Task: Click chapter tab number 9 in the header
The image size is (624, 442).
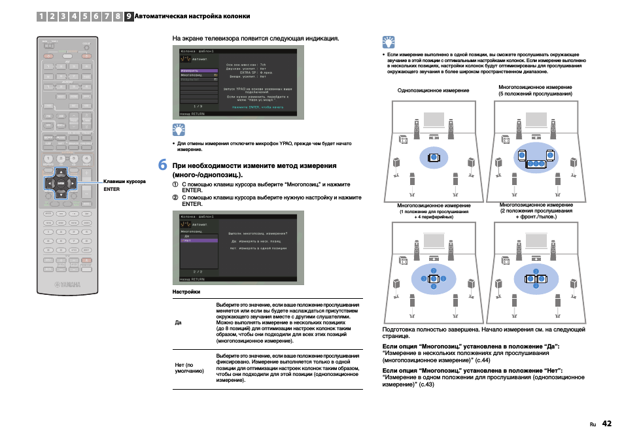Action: (x=129, y=16)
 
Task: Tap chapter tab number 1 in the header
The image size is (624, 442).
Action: (x=41, y=16)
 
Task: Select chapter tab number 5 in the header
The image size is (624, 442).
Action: (x=86, y=16)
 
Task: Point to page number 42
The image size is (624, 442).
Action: (x=607, y=423)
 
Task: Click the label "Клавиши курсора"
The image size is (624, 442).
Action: (x=124, y=181)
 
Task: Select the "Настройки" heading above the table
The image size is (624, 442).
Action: (x=186, y=291)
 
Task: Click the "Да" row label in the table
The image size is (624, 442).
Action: (x=178, y=322)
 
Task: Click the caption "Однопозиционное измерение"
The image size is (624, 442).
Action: (x=433, y=90)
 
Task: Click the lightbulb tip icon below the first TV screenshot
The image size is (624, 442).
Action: (x=179, y=129)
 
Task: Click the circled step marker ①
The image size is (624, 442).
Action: (x=175, y=184)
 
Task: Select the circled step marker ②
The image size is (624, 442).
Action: (x=175, y=197)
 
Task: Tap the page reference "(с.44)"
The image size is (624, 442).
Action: (x=483, y=360)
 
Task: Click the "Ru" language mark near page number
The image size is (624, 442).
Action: (x=593, y=424)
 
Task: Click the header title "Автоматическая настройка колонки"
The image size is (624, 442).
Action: (x=192, y=16)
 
